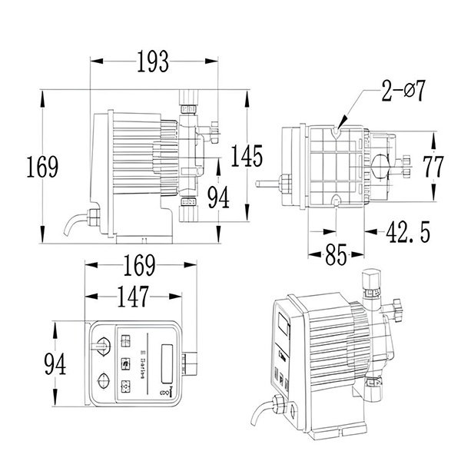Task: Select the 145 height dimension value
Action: [247, 155]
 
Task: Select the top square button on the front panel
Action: [127, 339]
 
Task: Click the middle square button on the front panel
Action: [127, 362]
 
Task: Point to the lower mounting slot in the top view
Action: [338, 202]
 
